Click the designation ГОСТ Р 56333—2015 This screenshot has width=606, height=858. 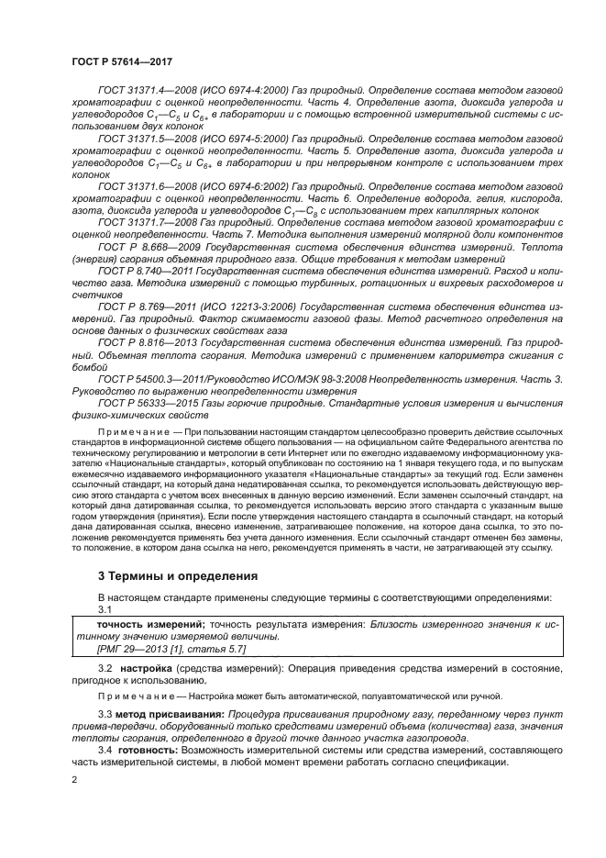click(145, 402)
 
